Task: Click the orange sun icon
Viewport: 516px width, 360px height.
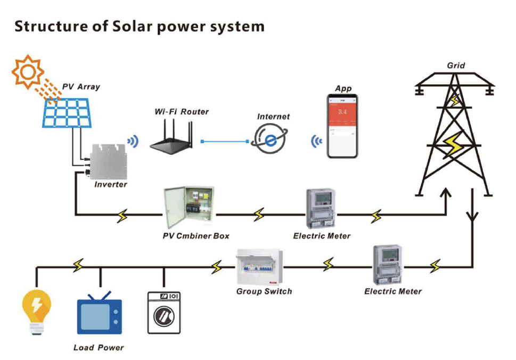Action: [28, 72]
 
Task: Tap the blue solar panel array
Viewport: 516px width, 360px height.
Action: [67, 113]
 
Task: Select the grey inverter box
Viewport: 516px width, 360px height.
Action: [109, 161]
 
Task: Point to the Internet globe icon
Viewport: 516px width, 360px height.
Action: [269, 139]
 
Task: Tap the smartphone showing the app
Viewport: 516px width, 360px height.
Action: [342, 126]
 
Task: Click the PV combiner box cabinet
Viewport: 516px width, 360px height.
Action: [189, 207]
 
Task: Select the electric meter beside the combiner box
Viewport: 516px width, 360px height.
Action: [321, 208]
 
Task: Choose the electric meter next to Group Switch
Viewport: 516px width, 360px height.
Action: [388, 265]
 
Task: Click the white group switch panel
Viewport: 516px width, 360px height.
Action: [260, 267]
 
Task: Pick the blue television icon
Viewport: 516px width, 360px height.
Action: [100, 313]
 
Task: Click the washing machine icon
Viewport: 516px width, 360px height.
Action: [164, 313]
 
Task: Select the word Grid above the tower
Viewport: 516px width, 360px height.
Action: [456, 66]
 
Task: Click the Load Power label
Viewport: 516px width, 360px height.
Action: [99, 348]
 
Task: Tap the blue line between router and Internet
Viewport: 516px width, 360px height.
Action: [225, 142]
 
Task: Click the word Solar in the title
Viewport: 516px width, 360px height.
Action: [132, 26]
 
